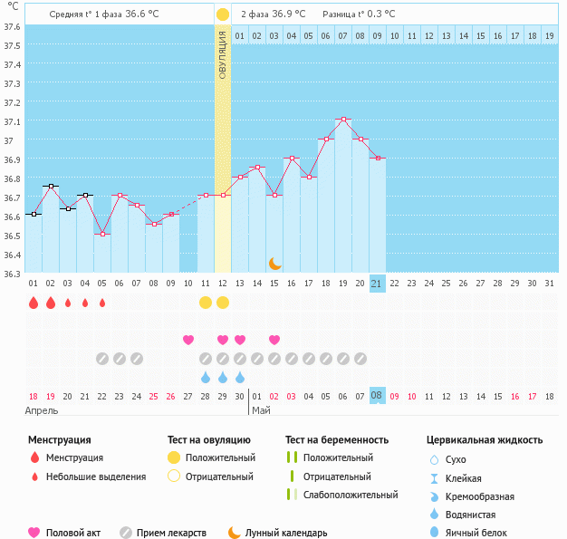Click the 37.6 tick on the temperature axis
click(12, 26)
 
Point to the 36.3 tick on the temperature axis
click(12, 274)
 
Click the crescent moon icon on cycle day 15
click(274, 263)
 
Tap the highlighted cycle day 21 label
click(378, 284)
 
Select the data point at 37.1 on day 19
click(342, 120)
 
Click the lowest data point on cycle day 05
click(102, 234)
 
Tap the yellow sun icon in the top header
click(223, 14)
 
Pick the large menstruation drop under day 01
click(34, 303)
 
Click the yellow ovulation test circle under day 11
click(206, 302)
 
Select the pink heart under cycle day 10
click(188, 340)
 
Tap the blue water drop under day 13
click(240, 377)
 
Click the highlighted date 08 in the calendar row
click(378, 396)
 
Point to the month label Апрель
click(43, 410)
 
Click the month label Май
click(261, 410)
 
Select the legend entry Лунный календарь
click(286, 533)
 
